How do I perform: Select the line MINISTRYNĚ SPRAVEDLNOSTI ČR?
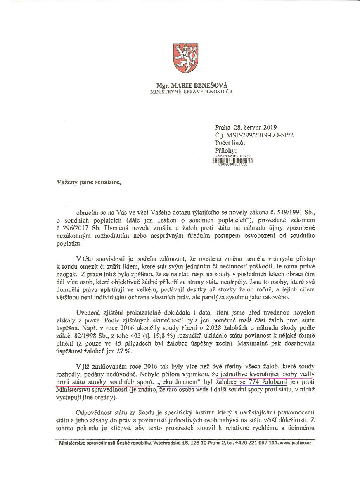(x=191, y=91)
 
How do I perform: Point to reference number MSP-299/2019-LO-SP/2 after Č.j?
(x=261, y=135)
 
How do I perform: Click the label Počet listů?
(x=230, y=143)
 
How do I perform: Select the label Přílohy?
(x=226, y=151)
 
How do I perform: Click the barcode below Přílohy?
(x=233, y=161)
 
